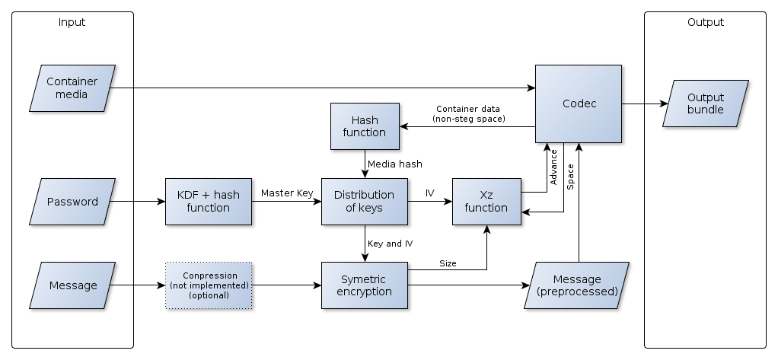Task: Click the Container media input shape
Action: tap(72, 88)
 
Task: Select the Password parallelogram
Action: tap(72, 202)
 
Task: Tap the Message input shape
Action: tap(72, 285)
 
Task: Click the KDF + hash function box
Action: tap(209, 202)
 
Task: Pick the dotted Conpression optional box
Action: tap(209, 285)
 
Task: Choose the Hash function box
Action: tap(365, 126)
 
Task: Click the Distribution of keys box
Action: tap(365, 202)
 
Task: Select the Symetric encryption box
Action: tap(365, 285)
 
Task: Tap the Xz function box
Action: tap(486, 202)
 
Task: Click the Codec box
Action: tap(579, 104)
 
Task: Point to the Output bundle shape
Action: tap(706, 104)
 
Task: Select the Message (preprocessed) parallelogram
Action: tap(577, 285)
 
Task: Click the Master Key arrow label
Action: tap(287, 193)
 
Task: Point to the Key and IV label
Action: tap(391, 244)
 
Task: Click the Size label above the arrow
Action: tap(448, 263)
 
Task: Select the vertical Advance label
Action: tap(554, 167)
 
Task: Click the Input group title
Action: tap(72, 22)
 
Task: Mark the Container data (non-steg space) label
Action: tap(468, 113)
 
